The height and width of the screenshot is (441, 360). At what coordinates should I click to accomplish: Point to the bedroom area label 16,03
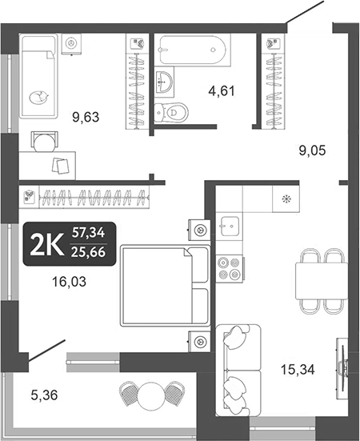68,281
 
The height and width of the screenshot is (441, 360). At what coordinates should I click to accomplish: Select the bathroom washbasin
166,80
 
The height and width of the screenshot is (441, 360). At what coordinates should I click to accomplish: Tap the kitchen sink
230,225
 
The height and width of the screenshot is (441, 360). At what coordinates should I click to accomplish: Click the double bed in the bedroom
164,287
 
